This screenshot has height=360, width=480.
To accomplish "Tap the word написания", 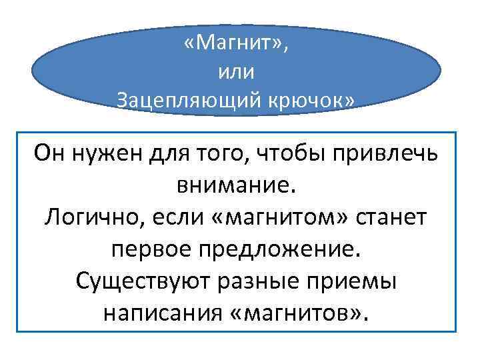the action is [158, 312].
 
